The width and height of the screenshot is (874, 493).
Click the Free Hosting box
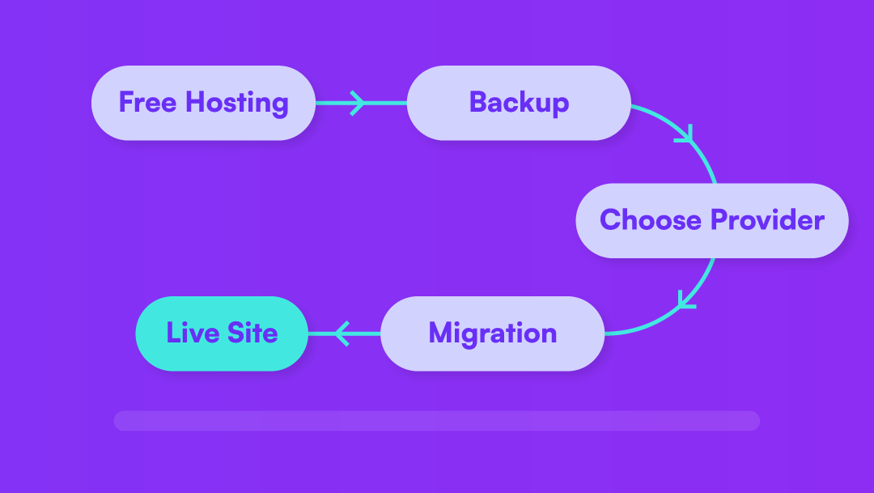(203, 103)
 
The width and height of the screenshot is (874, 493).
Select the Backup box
(518, 103)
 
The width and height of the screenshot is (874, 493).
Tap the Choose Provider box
(711, 220)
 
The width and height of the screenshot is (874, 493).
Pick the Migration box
(492, 333)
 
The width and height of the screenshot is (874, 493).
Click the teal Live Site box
(222, 333)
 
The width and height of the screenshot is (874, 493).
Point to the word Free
(148, 103)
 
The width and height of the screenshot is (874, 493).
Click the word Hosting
(236, 104)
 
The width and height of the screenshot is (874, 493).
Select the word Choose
(651, 220)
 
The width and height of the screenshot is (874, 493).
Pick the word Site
(252, 333)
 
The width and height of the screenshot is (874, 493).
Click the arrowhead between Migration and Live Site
(341, 333)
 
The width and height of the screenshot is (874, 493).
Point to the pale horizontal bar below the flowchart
(437, 420)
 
